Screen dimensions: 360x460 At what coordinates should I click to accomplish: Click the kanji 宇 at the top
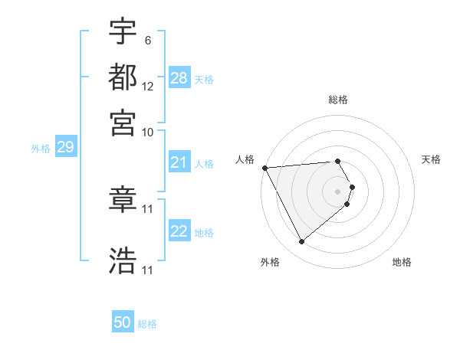coord(123,33)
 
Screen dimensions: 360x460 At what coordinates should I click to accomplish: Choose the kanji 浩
coord(123,260)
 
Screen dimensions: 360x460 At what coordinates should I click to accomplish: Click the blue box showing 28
coord(179,78)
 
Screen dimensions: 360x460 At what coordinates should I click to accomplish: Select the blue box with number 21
coord(179,162)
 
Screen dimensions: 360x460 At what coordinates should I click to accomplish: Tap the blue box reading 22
coord(179,231)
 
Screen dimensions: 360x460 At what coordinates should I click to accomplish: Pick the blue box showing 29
coord(65,148)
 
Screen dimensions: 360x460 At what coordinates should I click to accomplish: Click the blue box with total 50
coord(123,323)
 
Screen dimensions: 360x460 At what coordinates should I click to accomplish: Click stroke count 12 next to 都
coord(148,87)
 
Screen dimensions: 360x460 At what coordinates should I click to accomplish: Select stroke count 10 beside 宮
coord(148,132)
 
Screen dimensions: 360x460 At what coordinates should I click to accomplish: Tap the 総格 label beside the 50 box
coord(147,324)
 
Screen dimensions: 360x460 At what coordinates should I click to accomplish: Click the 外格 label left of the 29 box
coord(40,149)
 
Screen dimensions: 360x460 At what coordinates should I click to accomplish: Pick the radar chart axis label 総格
coord(338,100)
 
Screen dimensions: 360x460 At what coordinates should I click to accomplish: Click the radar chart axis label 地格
coord(402,263)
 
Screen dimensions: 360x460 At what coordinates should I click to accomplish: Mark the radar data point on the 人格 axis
coord(264,168)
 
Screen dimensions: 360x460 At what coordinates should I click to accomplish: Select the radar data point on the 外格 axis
coord(302,242)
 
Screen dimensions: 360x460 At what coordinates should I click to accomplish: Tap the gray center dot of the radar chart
coord(338,190)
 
